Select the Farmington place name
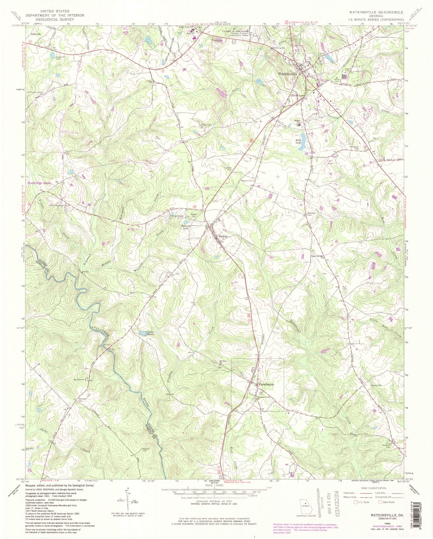point(266,384)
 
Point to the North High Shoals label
point(39,183)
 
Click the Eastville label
point(36,34)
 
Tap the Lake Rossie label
point(151,333)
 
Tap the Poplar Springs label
point(317,256)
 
